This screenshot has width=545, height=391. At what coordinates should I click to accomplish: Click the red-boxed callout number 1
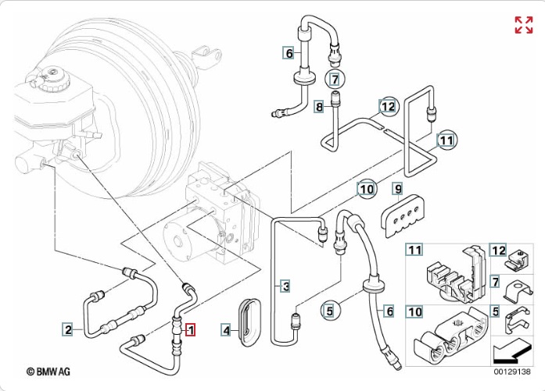pos(189,329)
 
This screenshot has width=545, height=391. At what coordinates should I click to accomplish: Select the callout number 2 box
pos(68,330)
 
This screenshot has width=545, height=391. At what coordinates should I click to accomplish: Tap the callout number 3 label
pos(286,286)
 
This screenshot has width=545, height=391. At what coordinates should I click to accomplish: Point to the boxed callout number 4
pos(226,330)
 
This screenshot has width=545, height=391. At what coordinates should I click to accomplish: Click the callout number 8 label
pos(319,106)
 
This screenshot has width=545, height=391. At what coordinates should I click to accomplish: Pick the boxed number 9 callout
pos(398,190)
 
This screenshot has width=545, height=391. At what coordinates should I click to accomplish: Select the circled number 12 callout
pos(389,105)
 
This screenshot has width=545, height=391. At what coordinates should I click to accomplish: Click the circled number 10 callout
pos(367,187)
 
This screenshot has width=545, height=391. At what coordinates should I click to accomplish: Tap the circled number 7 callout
pos(335,79)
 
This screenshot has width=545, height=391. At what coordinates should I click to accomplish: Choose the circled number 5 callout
pos(330,311)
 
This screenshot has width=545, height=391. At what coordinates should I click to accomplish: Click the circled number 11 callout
pos(446,140)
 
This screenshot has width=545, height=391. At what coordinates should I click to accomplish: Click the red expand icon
pos(523,24)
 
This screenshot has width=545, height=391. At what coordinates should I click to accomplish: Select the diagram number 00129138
pos(512,371)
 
